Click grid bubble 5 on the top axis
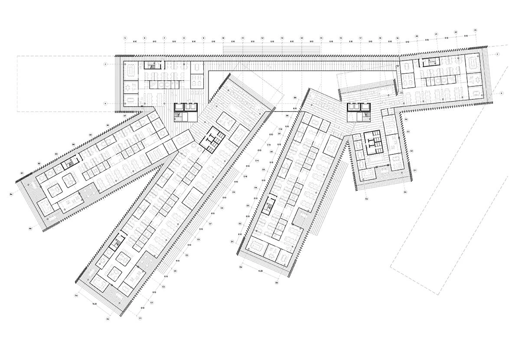(x=125, y=38)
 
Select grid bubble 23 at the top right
(x=476, y=30)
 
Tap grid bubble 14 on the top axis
(x=301, y=38)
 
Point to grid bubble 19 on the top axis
(x=398, y=38)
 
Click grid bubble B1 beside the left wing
(x=22, y=173)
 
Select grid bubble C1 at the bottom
(x=140, y=318)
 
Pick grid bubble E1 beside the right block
(x=415, y=171)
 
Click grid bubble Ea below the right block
(x=367, y=199)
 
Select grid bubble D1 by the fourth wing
(x=232, y=241)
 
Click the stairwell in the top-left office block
(x=151, y=65)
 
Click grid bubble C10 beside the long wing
(x=245, y=177)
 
